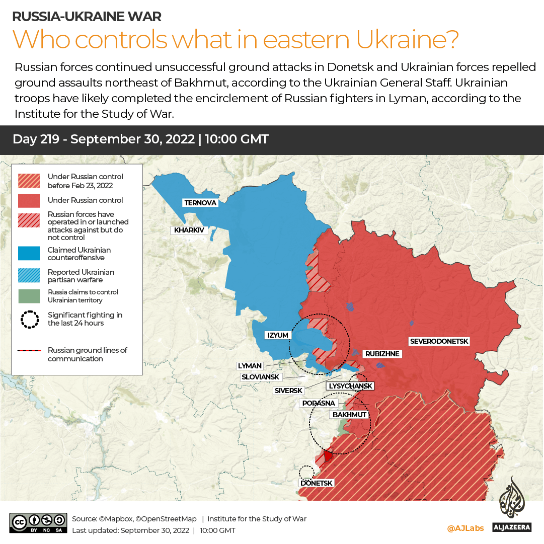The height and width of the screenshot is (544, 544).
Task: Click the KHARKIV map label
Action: (189, 230)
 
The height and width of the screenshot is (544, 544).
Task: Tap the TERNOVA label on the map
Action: (200, 203)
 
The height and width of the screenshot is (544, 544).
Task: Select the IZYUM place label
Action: (278, 335)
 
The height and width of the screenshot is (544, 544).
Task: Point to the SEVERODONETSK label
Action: (439, 341)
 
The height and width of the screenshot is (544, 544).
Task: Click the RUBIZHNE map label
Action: (382, 354)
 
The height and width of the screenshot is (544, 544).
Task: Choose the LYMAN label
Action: (250, 366)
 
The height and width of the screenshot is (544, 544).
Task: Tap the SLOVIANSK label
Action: (260, 376)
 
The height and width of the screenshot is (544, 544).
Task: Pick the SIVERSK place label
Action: (288, 390)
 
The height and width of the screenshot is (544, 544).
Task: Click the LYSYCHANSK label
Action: (350, 386)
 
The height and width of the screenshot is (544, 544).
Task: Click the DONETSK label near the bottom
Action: (316, 483)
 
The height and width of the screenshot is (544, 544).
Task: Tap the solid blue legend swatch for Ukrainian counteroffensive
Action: (29, 254)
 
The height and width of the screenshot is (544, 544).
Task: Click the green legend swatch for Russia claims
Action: (29, 296)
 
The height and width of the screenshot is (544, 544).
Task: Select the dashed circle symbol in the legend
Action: (29, 319)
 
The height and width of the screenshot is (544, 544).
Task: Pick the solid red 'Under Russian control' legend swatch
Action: (29, 200)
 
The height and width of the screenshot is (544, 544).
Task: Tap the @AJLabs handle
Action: (465, 528)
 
